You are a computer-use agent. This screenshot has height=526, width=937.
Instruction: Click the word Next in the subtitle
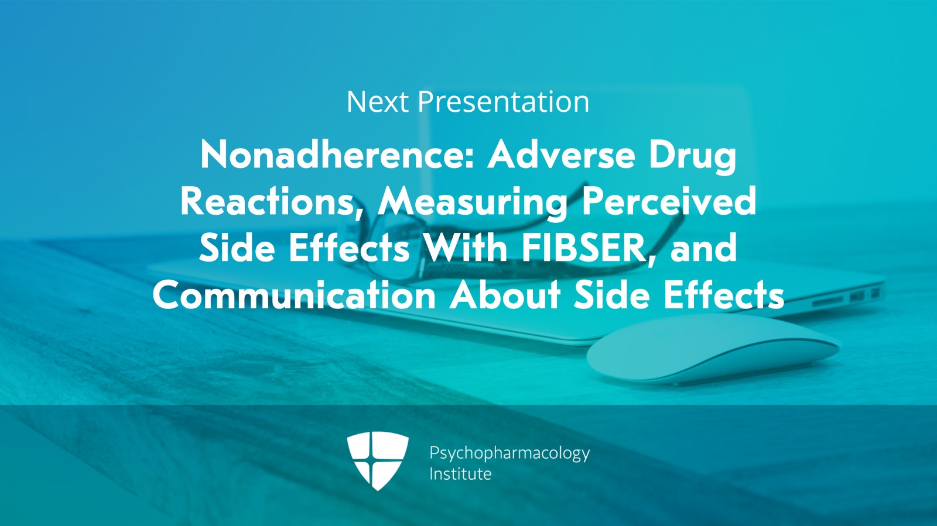(377, 102)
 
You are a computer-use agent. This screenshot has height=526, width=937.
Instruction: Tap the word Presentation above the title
(504, 102)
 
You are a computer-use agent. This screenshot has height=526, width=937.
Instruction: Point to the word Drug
(692, 157)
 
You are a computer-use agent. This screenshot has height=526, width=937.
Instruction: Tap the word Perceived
(669, 202)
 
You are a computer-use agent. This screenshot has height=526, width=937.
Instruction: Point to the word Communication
(294, 294)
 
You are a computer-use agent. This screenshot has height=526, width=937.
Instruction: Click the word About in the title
(505, 294)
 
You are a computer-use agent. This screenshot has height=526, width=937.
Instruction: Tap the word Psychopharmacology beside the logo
(509, 453)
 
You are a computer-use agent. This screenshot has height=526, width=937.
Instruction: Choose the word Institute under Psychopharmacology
(460, 474)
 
